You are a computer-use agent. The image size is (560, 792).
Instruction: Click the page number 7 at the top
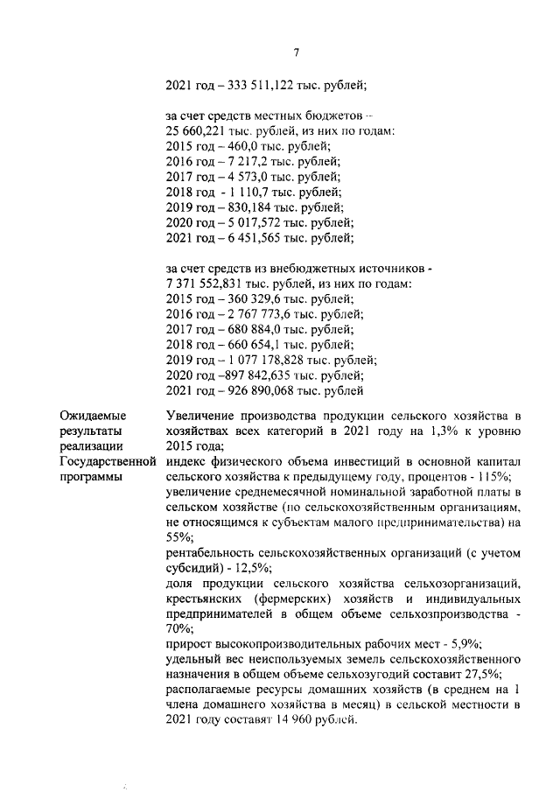(297, 54)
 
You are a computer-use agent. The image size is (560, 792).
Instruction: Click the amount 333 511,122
(258, 86)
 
